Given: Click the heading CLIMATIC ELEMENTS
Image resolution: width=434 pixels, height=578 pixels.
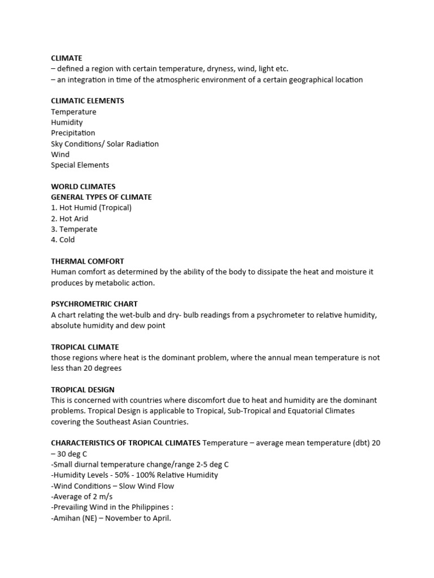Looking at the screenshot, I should point(87,101).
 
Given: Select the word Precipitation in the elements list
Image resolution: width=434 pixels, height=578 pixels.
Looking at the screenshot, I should point(73,133).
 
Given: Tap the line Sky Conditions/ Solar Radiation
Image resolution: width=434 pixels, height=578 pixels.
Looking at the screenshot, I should point(105,144).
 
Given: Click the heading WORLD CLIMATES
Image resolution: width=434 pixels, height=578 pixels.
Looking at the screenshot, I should point(83,187).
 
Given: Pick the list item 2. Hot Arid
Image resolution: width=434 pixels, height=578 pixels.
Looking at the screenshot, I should point(70,218).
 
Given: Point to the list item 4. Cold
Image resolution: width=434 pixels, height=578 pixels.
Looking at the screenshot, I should point(63,240).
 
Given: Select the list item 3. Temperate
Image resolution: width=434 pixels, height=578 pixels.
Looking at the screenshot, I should point(74,229).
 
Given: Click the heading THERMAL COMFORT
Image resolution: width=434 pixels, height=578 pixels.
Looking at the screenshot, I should point(87,261).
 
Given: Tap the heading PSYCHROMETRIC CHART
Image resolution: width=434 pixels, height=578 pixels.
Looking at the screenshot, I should point(94,304).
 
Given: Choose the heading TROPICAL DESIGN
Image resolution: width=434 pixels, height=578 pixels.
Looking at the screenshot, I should point(83,390).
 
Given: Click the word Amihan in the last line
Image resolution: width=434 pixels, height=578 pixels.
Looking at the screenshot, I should point(67,518).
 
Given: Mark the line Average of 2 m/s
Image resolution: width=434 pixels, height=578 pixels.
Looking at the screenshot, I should point(82,496).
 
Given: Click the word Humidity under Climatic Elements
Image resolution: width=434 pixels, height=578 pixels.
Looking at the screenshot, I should point(67,122).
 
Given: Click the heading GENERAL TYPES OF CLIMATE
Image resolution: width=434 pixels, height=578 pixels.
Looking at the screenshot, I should point(101,198).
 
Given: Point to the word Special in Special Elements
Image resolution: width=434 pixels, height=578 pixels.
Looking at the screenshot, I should point(63,165).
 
